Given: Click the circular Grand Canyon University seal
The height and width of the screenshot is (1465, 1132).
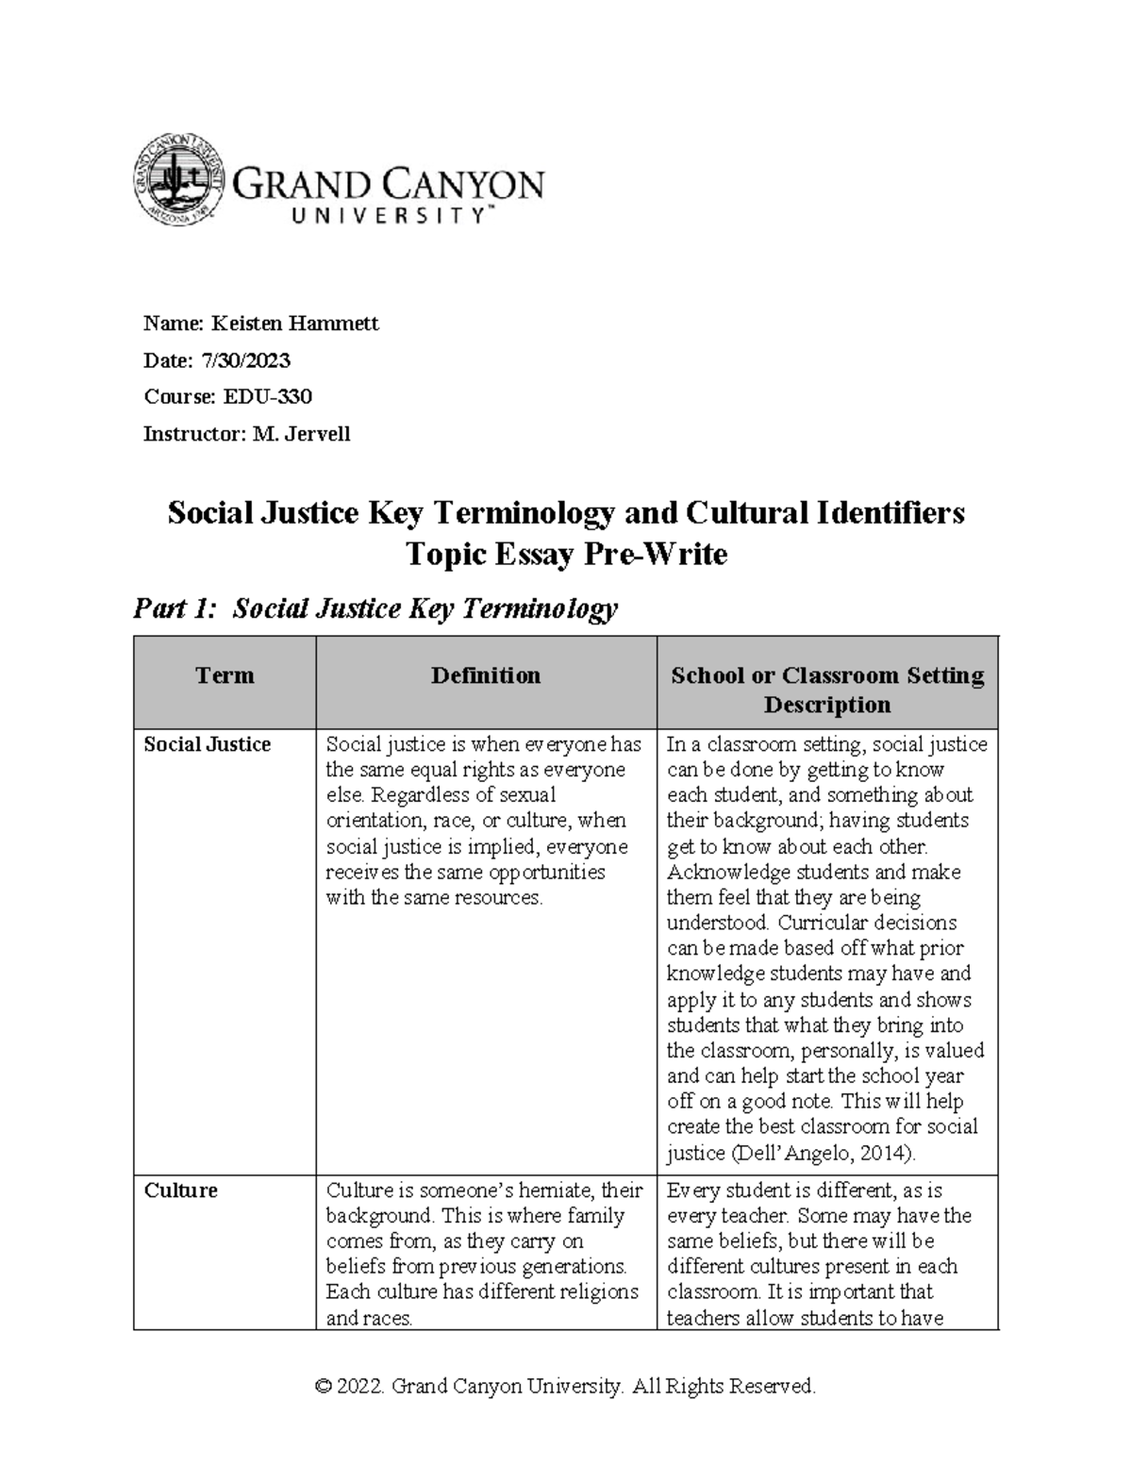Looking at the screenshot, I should pos(179,179).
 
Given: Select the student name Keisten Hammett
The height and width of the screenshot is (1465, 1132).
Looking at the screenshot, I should pos(294,324).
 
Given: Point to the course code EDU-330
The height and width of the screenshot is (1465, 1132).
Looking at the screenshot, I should pos(267,397).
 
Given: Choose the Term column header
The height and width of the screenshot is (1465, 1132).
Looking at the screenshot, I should pos(225,675).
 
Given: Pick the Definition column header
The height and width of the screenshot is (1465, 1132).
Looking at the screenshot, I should pos(486,675).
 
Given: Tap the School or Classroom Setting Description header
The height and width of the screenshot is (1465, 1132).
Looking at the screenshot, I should pos(826,690).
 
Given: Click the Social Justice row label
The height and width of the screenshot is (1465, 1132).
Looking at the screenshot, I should pos(207,744).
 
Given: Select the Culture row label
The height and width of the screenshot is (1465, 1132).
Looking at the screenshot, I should pos(180,1190).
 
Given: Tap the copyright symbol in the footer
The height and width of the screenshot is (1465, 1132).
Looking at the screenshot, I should pos(324,1387).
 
